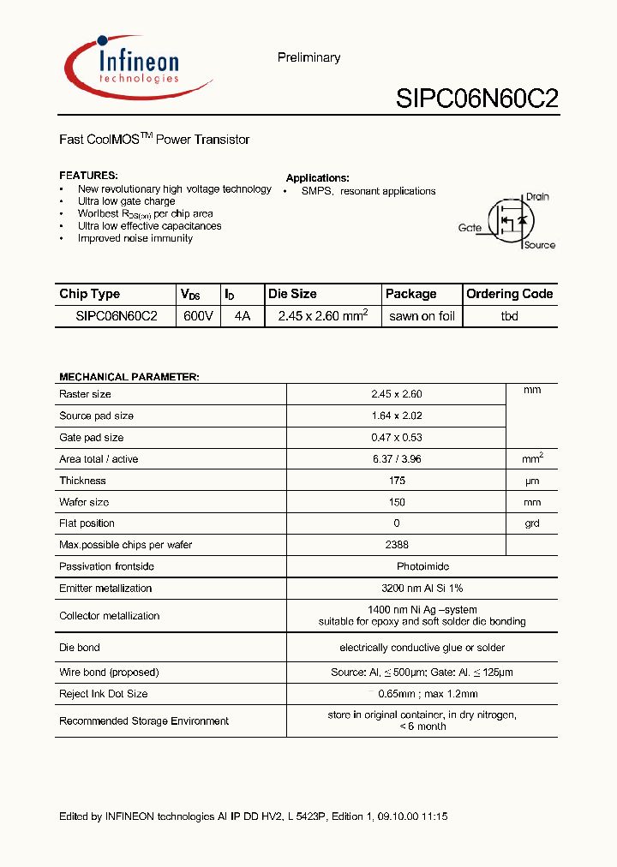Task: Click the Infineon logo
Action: point(137,67)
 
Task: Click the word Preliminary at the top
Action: point(308,57)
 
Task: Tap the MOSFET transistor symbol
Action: point(511,222)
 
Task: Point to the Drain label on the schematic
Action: point(536,196)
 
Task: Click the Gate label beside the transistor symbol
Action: point(470,228)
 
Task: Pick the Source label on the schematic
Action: point(539,245)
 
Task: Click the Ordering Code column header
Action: point(509,294)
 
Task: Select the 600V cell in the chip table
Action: point(198,316)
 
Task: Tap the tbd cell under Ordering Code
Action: point(509,316)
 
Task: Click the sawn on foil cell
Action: point(422,316)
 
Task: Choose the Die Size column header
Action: point(292,294)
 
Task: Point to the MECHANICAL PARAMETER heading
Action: point(129,377)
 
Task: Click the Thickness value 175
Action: point(397,481)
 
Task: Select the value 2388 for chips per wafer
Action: point(397,545)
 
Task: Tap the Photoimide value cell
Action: point(422,566)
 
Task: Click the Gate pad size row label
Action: point(91,437)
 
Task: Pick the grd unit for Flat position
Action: point(532,523)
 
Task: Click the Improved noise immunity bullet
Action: point(135,238)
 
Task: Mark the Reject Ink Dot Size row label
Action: point(103,694)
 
